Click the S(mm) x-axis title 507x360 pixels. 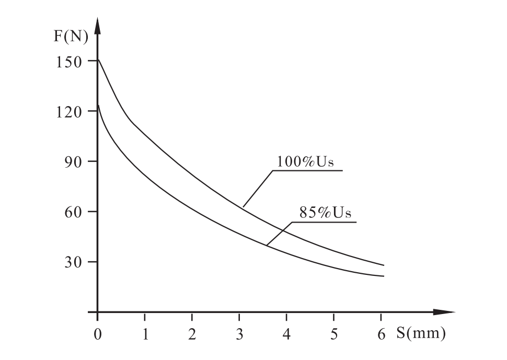421,333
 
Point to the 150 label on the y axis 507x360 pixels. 69,62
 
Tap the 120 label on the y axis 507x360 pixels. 69,112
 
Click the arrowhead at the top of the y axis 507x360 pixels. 98,25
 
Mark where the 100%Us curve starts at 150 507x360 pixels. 99,60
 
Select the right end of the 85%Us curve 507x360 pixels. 384,276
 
